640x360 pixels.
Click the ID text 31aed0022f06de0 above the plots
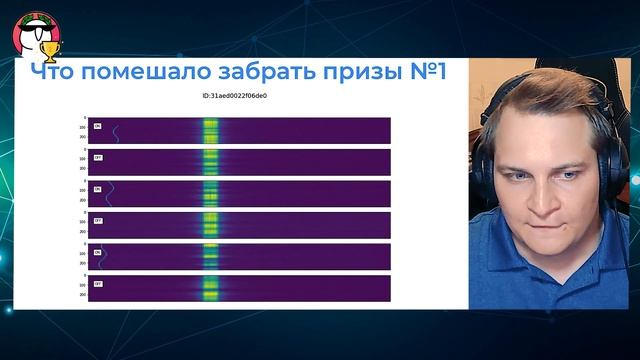pos(234,96)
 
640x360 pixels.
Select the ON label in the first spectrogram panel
pos(98,127)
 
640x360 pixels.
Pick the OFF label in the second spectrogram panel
pos(98,159)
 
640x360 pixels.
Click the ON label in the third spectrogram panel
pos(98,190)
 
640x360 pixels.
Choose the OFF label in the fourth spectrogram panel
pos(98,222)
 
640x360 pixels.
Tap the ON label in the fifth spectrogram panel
pos(98,253)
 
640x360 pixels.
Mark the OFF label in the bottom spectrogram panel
pos(98,285)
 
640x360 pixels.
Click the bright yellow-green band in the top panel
pos(210,130)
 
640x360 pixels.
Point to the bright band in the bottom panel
pos(210,288)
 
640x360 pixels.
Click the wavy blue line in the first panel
pos(113,131)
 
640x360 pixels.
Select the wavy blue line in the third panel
pos(111,194)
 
